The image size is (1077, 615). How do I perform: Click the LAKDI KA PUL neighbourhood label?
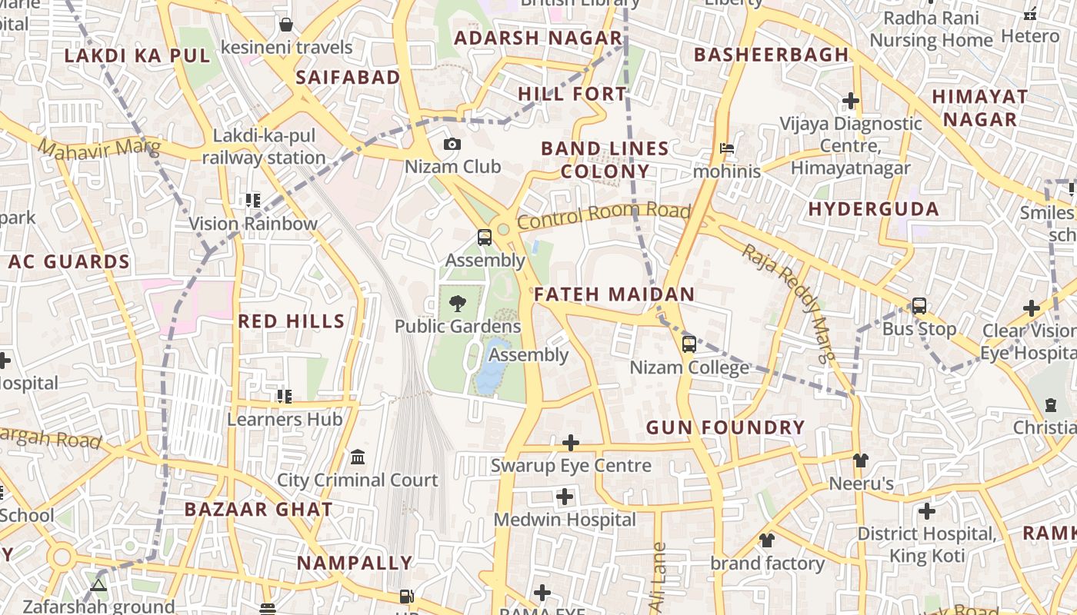(x=137, y=55)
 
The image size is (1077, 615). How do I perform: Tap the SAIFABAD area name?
(x=348, y=77)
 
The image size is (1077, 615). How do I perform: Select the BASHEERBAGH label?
(x=771, y=55)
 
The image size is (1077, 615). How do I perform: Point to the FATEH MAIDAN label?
(x=614, y=294)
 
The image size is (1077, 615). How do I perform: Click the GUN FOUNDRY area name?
(x=725, y=427)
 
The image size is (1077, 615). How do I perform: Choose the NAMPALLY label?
(x=355, y=563)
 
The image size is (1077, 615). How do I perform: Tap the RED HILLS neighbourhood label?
(x=292, y=321)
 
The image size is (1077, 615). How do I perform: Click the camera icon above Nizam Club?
(x=452, y=144)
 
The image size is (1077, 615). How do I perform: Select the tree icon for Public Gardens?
(x=458, y=303)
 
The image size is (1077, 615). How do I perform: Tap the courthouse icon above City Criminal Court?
(x=358, y=457)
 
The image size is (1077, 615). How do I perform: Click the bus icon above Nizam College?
(x=689, y=344)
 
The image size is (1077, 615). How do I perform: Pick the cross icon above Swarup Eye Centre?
(x=571, y=443)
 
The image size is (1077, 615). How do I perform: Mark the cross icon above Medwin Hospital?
(x=565, y=497)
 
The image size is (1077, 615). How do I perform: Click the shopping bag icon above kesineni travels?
(x=286, y=25)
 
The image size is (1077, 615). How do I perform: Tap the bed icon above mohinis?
(x=726, y=148)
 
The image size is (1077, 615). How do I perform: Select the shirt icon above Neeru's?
(x=861, y=460)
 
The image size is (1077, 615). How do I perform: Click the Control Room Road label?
(x=603, y=216)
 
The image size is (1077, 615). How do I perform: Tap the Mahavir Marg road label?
(x=98, y=147)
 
